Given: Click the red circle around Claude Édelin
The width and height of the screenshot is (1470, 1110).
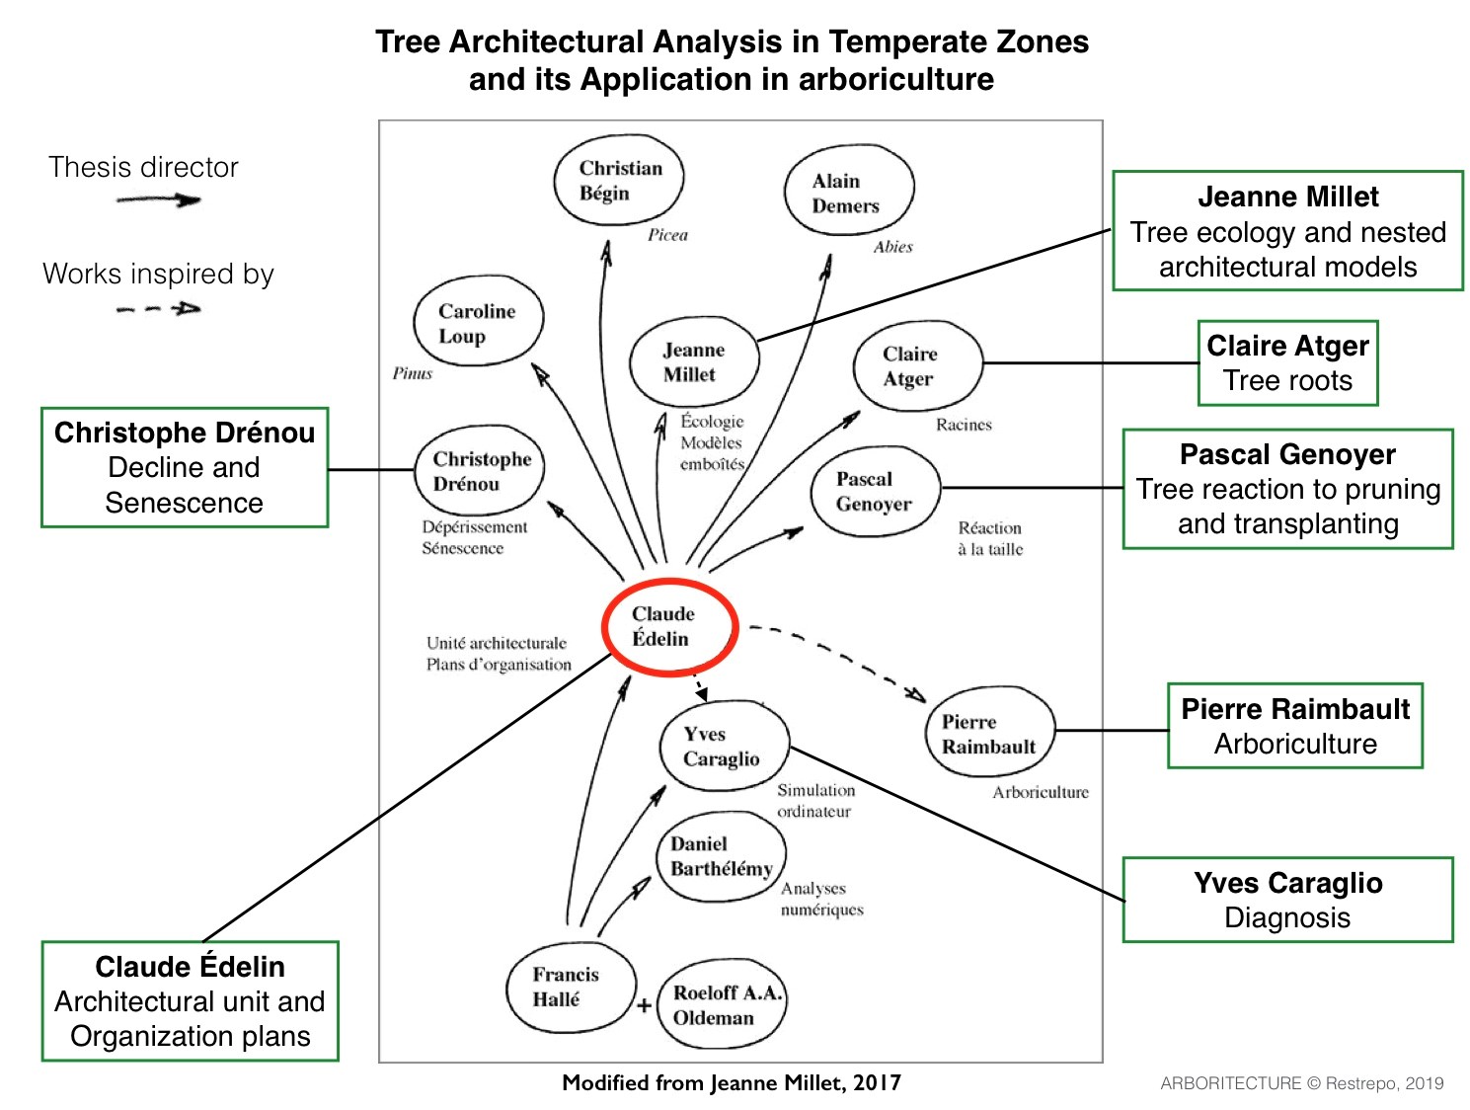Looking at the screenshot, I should click(669, 626).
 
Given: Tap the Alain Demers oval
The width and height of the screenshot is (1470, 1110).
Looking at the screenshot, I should click(848, 193).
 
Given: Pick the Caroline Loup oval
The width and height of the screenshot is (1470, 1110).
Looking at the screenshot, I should click(477, 323).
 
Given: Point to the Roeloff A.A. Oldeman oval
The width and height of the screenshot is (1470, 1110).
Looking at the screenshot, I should click(720, 1004).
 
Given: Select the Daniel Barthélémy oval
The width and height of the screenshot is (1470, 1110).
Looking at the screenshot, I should click(721, 856).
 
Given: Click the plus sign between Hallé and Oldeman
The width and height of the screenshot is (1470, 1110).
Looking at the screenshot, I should click(644, 1005).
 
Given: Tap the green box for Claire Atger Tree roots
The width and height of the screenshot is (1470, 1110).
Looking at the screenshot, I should click(1287, 362).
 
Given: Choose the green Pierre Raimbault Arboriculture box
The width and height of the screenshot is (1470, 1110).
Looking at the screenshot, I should click(1295, 725).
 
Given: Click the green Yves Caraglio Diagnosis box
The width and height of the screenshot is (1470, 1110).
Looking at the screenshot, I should click(1287, 899).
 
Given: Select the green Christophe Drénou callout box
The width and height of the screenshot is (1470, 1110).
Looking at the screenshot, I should click(185, 467).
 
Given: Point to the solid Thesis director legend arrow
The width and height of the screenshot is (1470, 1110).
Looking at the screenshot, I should click(159, 200).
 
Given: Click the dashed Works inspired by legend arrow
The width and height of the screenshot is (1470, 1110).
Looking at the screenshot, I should click(159, 309).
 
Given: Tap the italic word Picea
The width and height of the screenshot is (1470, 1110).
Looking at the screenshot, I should click(667, 235).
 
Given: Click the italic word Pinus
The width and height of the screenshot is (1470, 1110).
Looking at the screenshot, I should click(412, 373).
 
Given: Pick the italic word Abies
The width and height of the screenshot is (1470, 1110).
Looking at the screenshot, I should click(892, 247).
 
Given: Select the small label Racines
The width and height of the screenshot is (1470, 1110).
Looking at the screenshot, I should click(964, 425).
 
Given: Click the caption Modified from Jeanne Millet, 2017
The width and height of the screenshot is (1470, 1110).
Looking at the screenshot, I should click(732, 1082).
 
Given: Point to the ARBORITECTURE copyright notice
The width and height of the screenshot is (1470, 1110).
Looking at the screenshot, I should click(1301, 1083).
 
